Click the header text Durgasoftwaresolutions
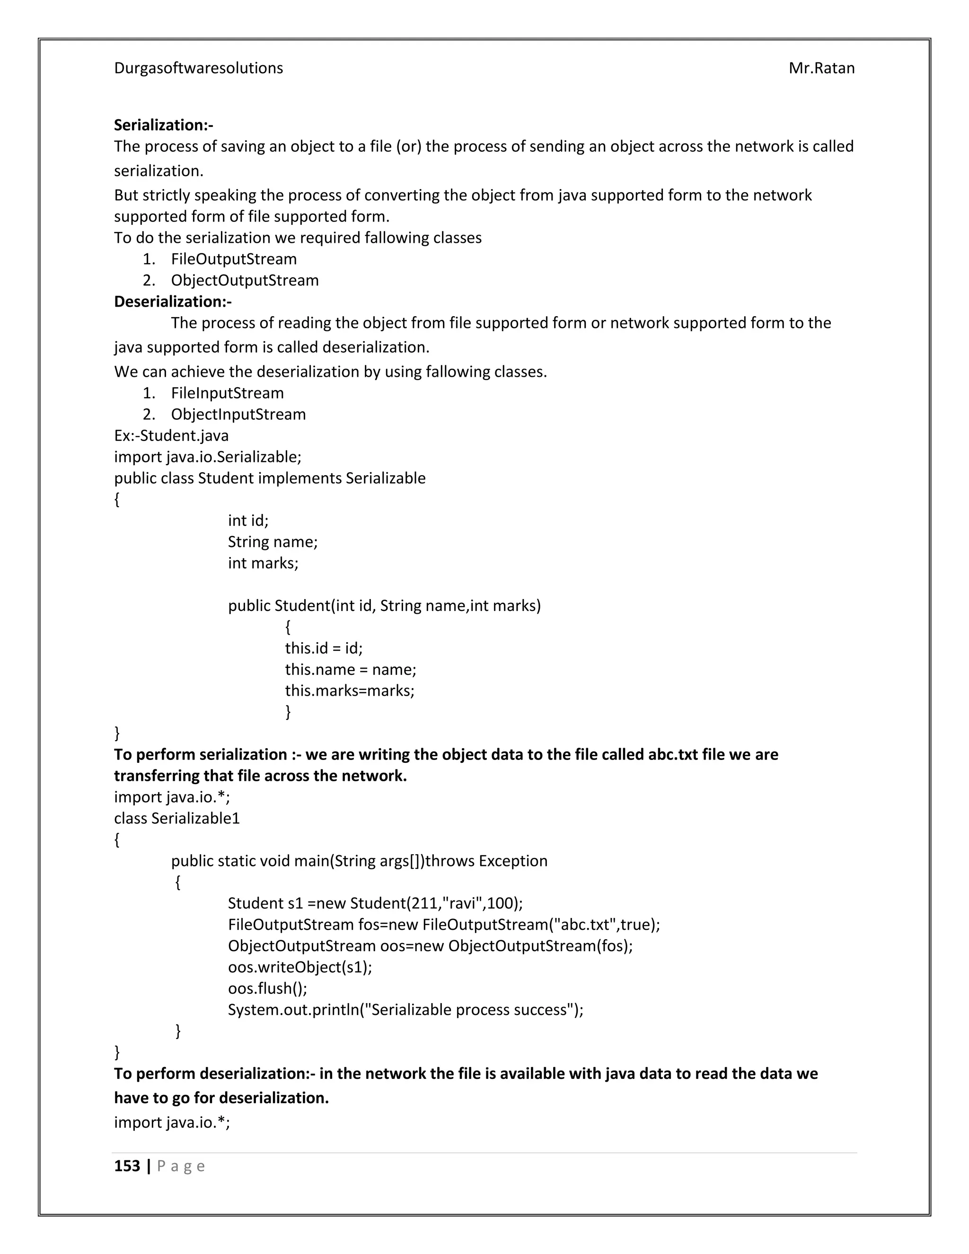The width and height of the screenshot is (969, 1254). pyautogui.click(x=198, y=68)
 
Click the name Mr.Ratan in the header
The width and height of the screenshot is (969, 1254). pyautogui.click(x=821, y=68)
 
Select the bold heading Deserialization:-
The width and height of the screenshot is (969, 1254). pyautogui.click(x=173, y=301)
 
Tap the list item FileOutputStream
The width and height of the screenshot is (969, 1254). pyautogui.click(x=234, y=259)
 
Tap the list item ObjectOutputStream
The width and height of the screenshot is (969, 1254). pyautogui.click(x=245, y=280)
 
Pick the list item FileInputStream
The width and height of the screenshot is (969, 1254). pyautogui.click(x=227, y=393)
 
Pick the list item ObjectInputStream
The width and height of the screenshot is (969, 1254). pyautogui.click(x=238, y=414)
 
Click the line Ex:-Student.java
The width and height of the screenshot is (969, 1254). pyautogui.click(x=171, y=435)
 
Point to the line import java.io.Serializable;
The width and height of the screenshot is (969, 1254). pyautogui.click(x=208, y=457)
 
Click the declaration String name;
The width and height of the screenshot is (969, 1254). pyautogui.click(x=273, y=541)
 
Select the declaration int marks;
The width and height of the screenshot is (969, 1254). pyautogui.click(x=263, y=563)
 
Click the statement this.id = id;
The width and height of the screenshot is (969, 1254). pyautogui.click(x=324, y=648)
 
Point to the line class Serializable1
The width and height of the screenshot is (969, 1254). pyautogui.click(x=177, y=818)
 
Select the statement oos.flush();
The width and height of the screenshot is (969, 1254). pyautogui.click(x=267, y=988)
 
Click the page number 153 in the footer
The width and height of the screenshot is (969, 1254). pyautogui.click(x=127, y=1166)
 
